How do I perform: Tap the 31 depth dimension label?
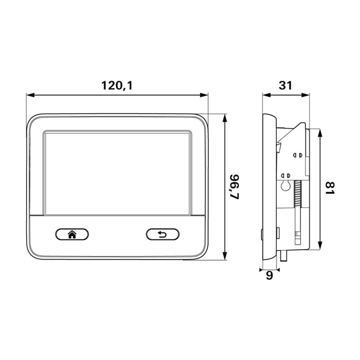(x=286, y=85)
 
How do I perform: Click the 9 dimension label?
(x=269, y=275)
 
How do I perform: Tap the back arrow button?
(x=162, y=234)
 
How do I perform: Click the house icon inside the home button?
(x=72, y=234)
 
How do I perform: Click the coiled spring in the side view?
(x=297, y=193)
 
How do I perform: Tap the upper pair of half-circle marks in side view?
(x=297, y=154)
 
